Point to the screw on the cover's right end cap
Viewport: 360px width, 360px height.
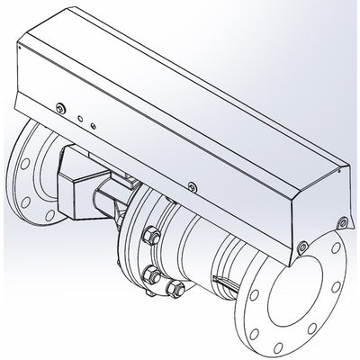click(x=339, y=220)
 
